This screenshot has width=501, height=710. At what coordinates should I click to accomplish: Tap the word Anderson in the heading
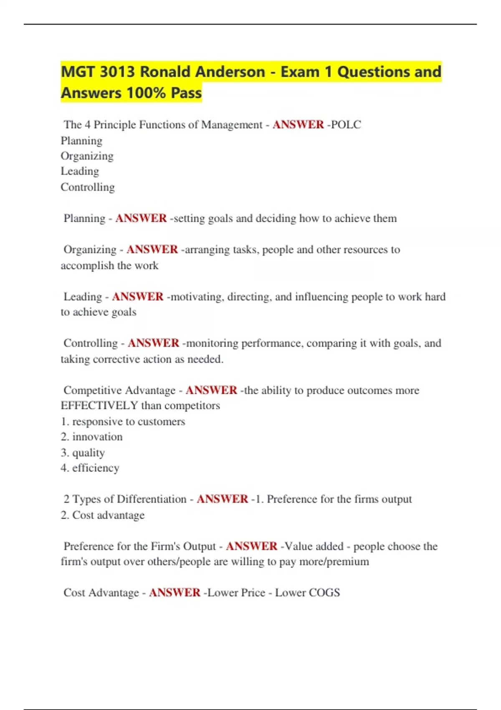(230, 72)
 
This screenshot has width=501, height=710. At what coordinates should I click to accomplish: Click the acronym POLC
(346, 124)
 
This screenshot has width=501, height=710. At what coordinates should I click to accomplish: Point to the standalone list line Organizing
(87, 156)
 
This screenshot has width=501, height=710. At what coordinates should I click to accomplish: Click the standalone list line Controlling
(88, 187)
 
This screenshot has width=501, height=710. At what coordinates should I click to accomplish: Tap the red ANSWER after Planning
(141, 218)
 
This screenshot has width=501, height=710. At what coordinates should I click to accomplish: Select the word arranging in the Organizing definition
(207, 250)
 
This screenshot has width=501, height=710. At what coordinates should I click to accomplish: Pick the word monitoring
(212, 343)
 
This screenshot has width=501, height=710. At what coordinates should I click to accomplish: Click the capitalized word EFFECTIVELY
(99, 406)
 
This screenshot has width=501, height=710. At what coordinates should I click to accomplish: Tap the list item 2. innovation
(92, 437)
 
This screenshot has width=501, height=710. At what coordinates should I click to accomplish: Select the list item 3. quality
(83, 453)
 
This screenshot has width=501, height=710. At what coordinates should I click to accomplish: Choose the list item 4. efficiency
(90, 468)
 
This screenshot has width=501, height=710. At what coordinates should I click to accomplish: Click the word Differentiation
(152, 499)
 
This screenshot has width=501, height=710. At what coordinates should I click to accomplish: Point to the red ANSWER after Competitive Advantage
(211, 390)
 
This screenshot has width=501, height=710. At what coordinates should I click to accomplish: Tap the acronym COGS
(325, 593)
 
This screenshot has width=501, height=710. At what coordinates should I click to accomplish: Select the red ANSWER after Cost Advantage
(175, 593)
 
